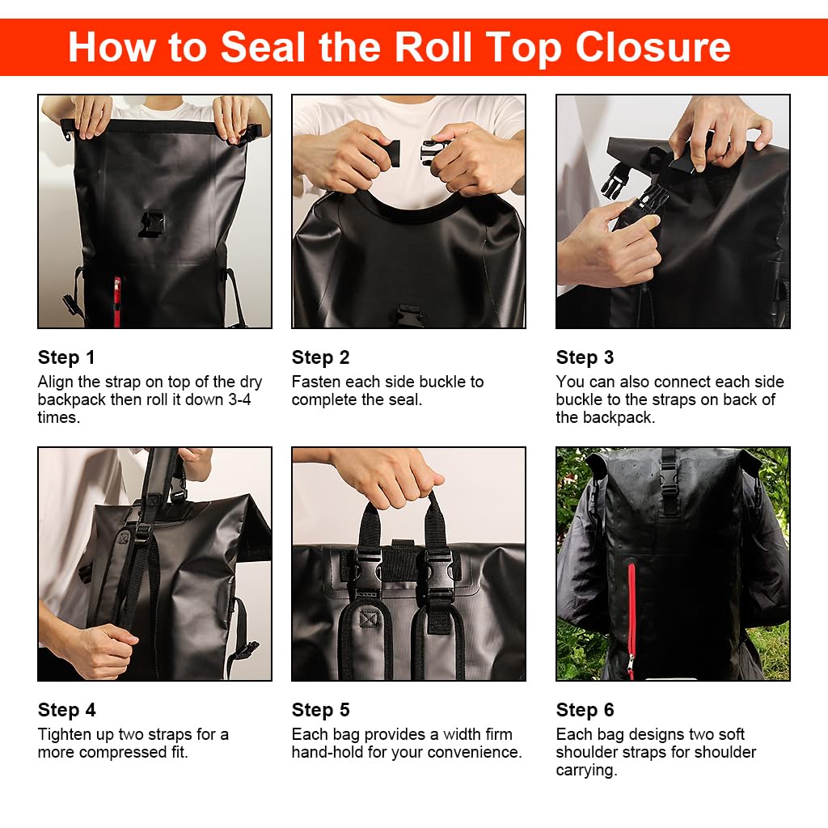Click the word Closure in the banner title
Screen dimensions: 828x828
pos(653,47)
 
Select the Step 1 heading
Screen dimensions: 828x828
pos(66,357)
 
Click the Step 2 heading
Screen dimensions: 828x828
pos(320,357)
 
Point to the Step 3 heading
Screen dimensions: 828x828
pos(585,357)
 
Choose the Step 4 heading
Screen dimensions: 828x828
pos(66,710)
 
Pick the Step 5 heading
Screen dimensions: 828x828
pos(320,710)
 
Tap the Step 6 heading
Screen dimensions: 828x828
pos(585,710)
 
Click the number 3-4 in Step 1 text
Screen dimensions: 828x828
pos(239,399)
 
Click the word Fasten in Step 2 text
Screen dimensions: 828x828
pos(316,382)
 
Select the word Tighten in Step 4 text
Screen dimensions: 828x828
pos(61,734)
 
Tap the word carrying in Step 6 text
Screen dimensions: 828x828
pos(585,771)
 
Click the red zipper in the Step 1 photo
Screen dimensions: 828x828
pos(116,301)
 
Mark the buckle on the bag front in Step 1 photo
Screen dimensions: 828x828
pos(153,224)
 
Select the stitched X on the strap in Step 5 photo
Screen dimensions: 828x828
pos(368,619)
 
